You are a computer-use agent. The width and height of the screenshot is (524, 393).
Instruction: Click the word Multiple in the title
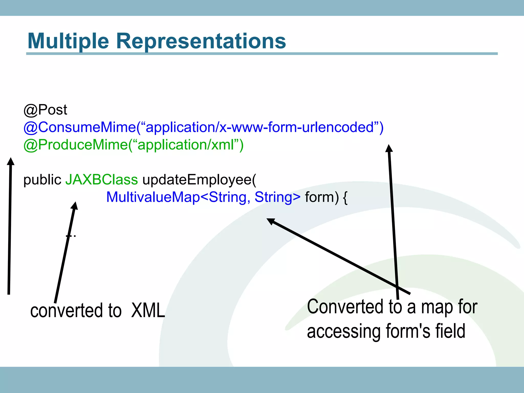(68, 41)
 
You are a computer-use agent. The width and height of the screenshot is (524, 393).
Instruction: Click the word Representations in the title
(201, 41)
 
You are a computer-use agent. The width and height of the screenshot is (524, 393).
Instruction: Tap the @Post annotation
(45, 110)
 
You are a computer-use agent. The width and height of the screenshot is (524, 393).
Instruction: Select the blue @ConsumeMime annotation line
(203, 127)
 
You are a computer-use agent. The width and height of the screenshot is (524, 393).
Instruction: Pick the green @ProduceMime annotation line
(133, 145)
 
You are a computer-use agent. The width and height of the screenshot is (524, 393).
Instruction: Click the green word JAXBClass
(102, 179)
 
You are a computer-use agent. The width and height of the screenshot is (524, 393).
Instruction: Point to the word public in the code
(42, 180)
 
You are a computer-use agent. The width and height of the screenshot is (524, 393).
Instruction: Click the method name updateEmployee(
(199, 179)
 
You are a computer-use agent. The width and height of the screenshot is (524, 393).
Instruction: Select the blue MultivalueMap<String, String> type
(203, 197)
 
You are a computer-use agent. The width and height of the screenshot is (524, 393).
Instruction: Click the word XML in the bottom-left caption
(148, 310)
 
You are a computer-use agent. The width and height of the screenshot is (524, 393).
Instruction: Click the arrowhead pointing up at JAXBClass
(74, 206)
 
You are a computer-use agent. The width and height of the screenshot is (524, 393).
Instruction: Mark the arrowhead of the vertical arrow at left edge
(10, 161)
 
